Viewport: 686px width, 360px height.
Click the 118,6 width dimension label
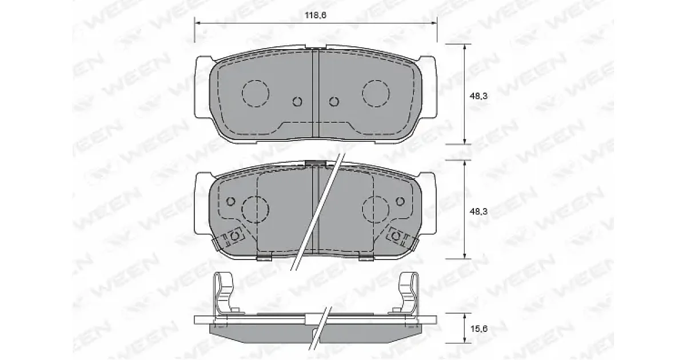pos(316,15)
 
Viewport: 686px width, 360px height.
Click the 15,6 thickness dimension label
pos(478,329)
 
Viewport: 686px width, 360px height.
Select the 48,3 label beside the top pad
pos(478,96)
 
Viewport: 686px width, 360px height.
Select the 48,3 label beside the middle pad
pos(478,211)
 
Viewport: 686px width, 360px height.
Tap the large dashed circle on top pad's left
pos(256,93)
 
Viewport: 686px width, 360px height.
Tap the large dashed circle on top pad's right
pos(376,93)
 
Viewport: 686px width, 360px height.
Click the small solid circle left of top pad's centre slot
pos(297,101)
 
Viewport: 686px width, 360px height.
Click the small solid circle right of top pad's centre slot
pos(334,101)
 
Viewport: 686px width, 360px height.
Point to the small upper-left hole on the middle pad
pos(231,201)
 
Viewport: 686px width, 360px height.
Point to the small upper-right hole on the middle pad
pos(400,201)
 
